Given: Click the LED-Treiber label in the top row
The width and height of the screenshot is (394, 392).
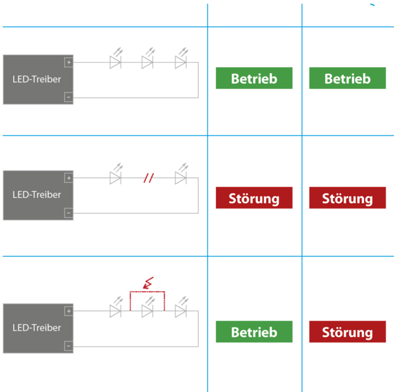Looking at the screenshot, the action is [37, 79].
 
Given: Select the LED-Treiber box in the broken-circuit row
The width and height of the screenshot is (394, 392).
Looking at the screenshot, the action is [38, 195].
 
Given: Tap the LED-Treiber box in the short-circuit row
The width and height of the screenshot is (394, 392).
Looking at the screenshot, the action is [38, 328].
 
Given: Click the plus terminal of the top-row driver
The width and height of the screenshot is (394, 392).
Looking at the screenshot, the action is [69, 62].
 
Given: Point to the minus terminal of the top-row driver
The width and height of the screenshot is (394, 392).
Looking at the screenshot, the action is [69, 97].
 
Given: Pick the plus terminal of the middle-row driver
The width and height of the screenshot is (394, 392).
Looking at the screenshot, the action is [69, 178].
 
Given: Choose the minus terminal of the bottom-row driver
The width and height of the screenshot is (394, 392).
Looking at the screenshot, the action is [69, 346].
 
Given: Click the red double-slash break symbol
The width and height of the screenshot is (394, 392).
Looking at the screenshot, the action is [149, 178].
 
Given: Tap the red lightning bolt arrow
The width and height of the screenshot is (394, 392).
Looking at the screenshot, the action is [149, 283].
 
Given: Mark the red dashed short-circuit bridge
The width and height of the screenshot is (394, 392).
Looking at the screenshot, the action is [147, 291].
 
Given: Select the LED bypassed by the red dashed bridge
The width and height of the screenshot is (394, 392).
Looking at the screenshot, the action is [148, 307].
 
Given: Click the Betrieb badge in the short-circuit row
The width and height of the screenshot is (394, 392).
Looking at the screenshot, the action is [254, 331].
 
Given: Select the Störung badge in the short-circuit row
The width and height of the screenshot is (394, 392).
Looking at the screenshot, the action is [348, 331].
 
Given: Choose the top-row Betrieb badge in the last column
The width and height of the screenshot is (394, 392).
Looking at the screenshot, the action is [348, 78].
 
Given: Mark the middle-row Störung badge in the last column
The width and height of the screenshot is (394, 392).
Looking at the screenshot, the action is [348, 197].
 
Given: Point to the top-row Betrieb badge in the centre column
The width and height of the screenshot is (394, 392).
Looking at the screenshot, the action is [254, 78].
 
